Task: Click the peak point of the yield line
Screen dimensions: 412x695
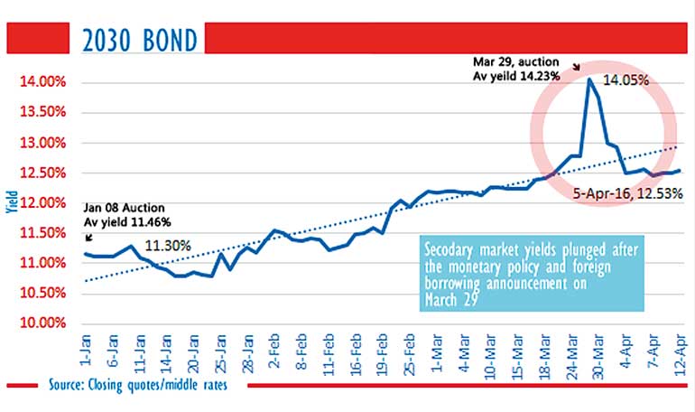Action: coord(589,80)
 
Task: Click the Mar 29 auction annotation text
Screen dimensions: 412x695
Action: coord(517,69)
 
